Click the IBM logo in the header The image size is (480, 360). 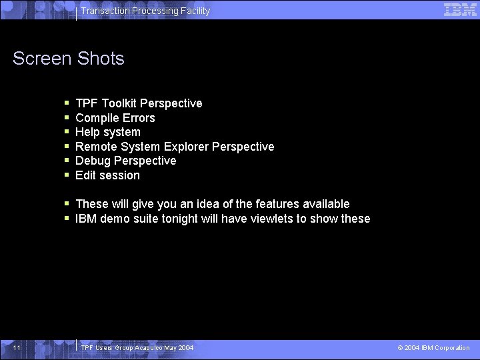click(x=460, y=9)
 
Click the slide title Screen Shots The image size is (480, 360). click(x=69, y=59)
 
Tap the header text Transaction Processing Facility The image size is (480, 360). click(x=145, y=11)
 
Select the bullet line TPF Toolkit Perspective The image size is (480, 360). click(x=139, y=103)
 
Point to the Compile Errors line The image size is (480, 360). click(x=115, y=118)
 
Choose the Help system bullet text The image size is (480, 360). click(x=108, y=132)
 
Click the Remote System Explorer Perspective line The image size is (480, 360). click(x=175, y=147)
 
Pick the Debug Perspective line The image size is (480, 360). click(x=126, y=161)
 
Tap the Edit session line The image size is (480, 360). click(x=108, y=175)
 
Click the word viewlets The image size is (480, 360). click(x=273, y=219)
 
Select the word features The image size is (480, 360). click(x=273, y=204)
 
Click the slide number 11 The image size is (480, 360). click(x=17, y=348)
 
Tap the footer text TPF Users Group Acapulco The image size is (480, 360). click(x=137, y=348)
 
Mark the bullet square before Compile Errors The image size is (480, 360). click(x=67, y=119)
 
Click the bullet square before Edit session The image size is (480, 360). click(x=67, y=176)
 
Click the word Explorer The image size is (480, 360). click(x=186, y=147)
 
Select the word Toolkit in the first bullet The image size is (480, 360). click(x=119, y=103)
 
